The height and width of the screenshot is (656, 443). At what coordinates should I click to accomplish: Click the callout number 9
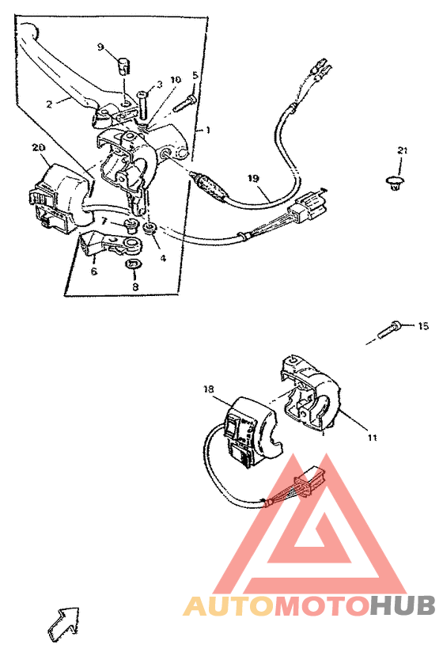[x=100, y=47]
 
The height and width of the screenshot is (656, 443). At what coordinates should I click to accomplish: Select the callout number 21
[x=402, y=150]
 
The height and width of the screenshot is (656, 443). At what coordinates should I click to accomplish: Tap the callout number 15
[x=422, y=326]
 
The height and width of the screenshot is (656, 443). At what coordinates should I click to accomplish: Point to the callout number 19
[x=253, y=179]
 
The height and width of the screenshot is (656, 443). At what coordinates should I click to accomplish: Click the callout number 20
[x=37, y=148]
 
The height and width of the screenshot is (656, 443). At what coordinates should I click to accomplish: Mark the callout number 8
[x=135, y=286]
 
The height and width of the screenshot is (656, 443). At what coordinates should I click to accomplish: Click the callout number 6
[x=93, y=271]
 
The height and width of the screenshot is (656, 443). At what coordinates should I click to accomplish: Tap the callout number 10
[x=175, y=80]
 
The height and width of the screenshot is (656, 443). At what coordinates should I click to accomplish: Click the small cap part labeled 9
[x=123, y=63]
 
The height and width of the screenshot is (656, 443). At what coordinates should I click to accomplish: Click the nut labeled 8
[x=134, y=264]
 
